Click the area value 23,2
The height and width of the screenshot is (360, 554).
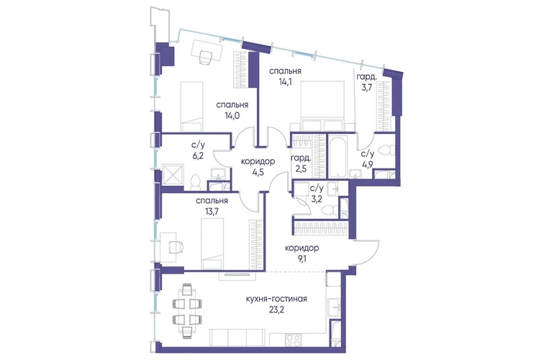point(276,310)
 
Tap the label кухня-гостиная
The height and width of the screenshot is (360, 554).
point(276,300)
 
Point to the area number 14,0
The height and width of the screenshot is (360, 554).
point(232,116)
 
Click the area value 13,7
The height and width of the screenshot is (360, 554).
point(212,212)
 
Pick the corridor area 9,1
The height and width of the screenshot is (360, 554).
point(301,258)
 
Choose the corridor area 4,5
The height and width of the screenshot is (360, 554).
point(258,173)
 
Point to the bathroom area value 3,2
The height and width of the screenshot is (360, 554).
point(316,199)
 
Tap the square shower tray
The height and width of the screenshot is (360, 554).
point(173,175)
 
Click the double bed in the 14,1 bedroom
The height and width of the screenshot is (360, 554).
point(322,106)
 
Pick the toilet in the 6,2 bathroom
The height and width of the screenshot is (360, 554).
point(195,181)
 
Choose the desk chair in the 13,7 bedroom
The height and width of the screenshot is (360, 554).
point(176,247)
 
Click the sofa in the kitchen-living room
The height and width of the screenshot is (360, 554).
point(237,338)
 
